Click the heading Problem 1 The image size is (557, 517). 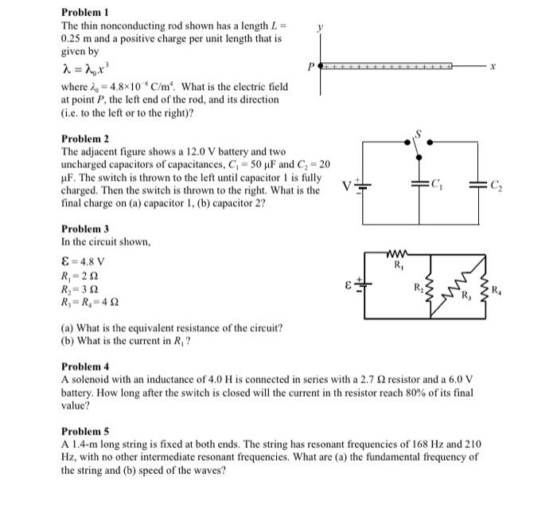click(84, 14)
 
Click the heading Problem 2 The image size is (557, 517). click(84, 138)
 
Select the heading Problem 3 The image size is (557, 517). click(84, 229)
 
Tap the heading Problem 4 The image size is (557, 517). click(84, 366)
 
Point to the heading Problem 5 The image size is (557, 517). click(84, 431)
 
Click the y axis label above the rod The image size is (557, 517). click(320, 27)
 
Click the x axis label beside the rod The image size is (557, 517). click(494, 68)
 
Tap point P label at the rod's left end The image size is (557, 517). click(312, 67)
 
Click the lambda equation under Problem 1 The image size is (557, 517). click(82, 67)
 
